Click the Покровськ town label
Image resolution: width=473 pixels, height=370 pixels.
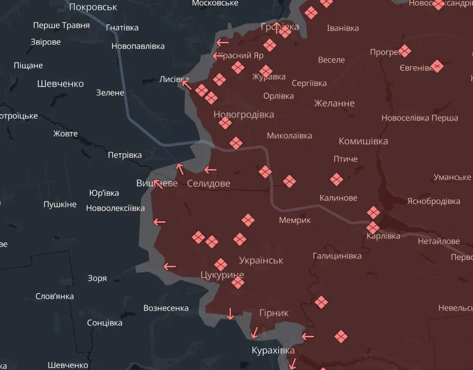(93, 7)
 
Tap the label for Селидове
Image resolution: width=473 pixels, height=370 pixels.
(208, 183)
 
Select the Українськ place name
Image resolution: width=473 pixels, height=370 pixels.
(261, 260)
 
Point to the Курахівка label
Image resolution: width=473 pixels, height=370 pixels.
(273, 351)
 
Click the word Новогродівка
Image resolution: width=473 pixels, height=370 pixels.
(243, 115)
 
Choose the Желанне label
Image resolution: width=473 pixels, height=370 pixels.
(334, 103)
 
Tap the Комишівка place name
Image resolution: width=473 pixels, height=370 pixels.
(363, 141)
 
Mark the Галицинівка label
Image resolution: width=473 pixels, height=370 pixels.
(337, 256)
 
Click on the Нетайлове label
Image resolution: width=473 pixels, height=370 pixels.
(438, 241)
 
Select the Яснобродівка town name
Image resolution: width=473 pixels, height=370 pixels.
(433, 201)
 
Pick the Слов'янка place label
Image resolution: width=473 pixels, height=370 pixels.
(54, 296)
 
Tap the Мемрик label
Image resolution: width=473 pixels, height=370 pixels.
(295, 220)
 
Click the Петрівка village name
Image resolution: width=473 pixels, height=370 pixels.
(125, 155)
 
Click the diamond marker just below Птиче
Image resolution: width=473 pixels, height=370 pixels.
(336, 179)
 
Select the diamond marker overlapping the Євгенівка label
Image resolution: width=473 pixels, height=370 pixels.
(437, 66)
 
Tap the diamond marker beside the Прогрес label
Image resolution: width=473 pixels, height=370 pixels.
(405, 51)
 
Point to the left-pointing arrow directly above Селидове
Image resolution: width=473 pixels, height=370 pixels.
(210, 169)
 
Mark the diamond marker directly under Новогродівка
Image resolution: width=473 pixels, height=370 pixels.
(225, 124)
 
